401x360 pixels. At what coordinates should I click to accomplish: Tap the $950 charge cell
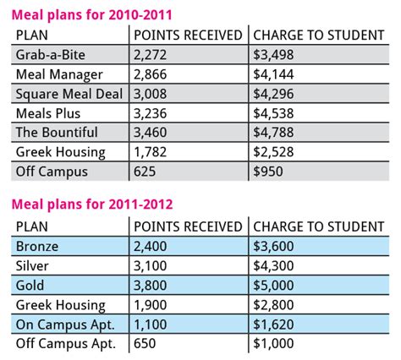pos(269,171)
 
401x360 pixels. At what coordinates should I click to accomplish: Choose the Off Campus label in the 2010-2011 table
pos(51,171)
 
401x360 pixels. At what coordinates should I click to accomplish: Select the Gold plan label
pos(30,286)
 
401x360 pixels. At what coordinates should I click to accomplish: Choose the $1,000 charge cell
pos(274,344)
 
